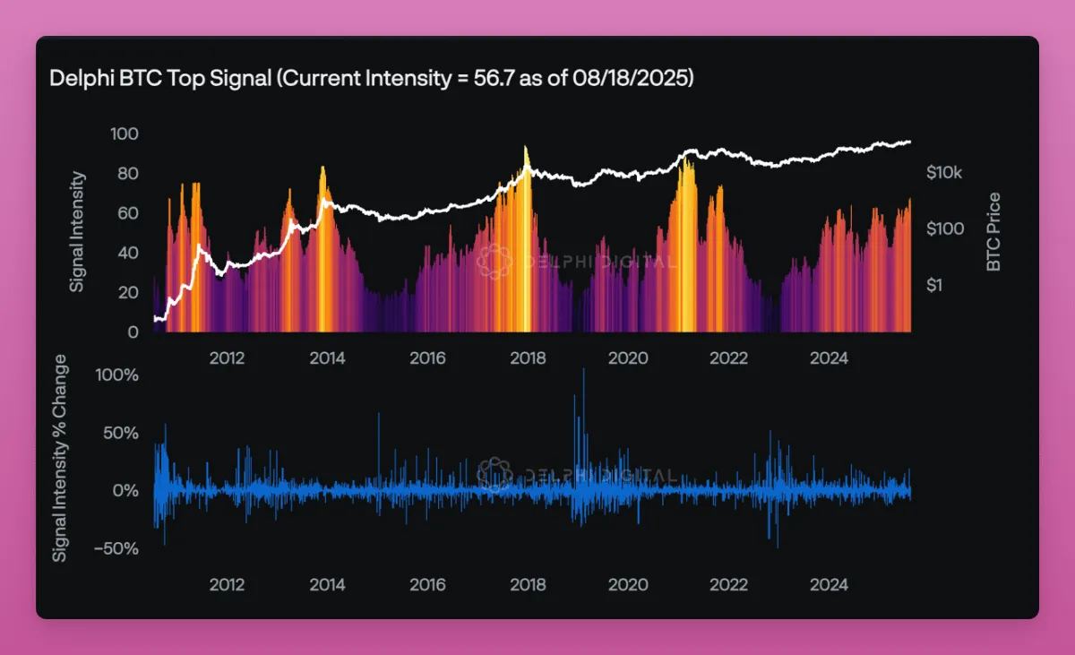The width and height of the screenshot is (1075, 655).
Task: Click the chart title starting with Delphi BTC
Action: pyautogui.click(x=372, y=79)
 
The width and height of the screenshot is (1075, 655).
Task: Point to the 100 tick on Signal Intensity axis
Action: pyautogui.click(x=125, y=134)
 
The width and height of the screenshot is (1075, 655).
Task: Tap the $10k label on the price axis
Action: pyautogui.click(x=945, y=172)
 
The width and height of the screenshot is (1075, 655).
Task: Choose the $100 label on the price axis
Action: pyautogui.click(x=945, y=228)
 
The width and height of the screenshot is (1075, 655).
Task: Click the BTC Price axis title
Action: pyautogui.click(x=993, y=232)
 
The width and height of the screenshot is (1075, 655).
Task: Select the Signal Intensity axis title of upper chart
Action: pyautogui.click(x=77, y=231)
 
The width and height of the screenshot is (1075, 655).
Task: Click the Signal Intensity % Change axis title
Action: pyautogui.click(x=60, y=458)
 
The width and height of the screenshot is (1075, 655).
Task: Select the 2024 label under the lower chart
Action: pyautogui.click(x=829, y=585)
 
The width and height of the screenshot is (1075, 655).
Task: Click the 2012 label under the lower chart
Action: pyautogui.click(x=227, y=585)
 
